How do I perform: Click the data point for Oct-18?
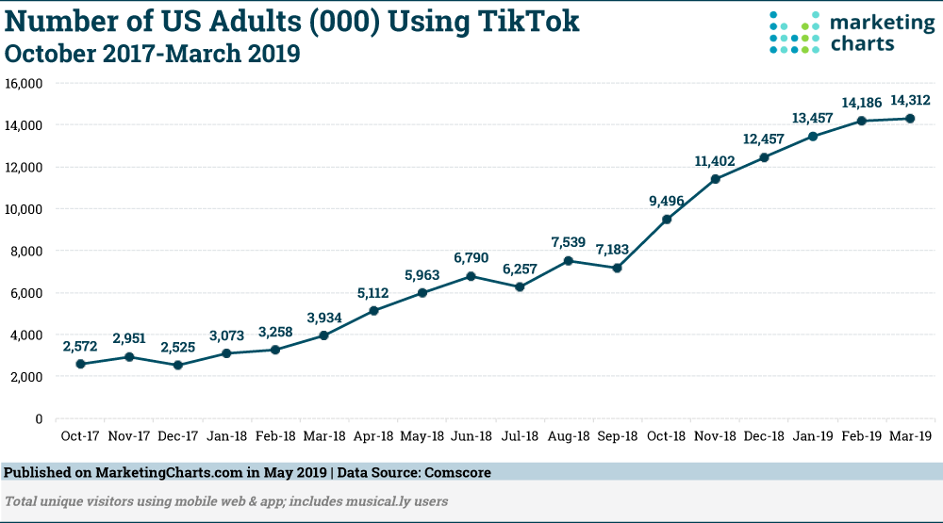coord(667,220)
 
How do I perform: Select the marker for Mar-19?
coord(911,118)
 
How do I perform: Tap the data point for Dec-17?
coord(178,365)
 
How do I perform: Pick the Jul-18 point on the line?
coord(520,286)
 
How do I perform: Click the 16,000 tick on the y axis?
coord(25,83)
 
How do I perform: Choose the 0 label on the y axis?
coord(39,418)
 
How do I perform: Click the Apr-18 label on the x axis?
coord(374,435)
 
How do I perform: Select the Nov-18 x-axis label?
coord(716,435)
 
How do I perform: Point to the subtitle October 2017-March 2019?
coord(153,54)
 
